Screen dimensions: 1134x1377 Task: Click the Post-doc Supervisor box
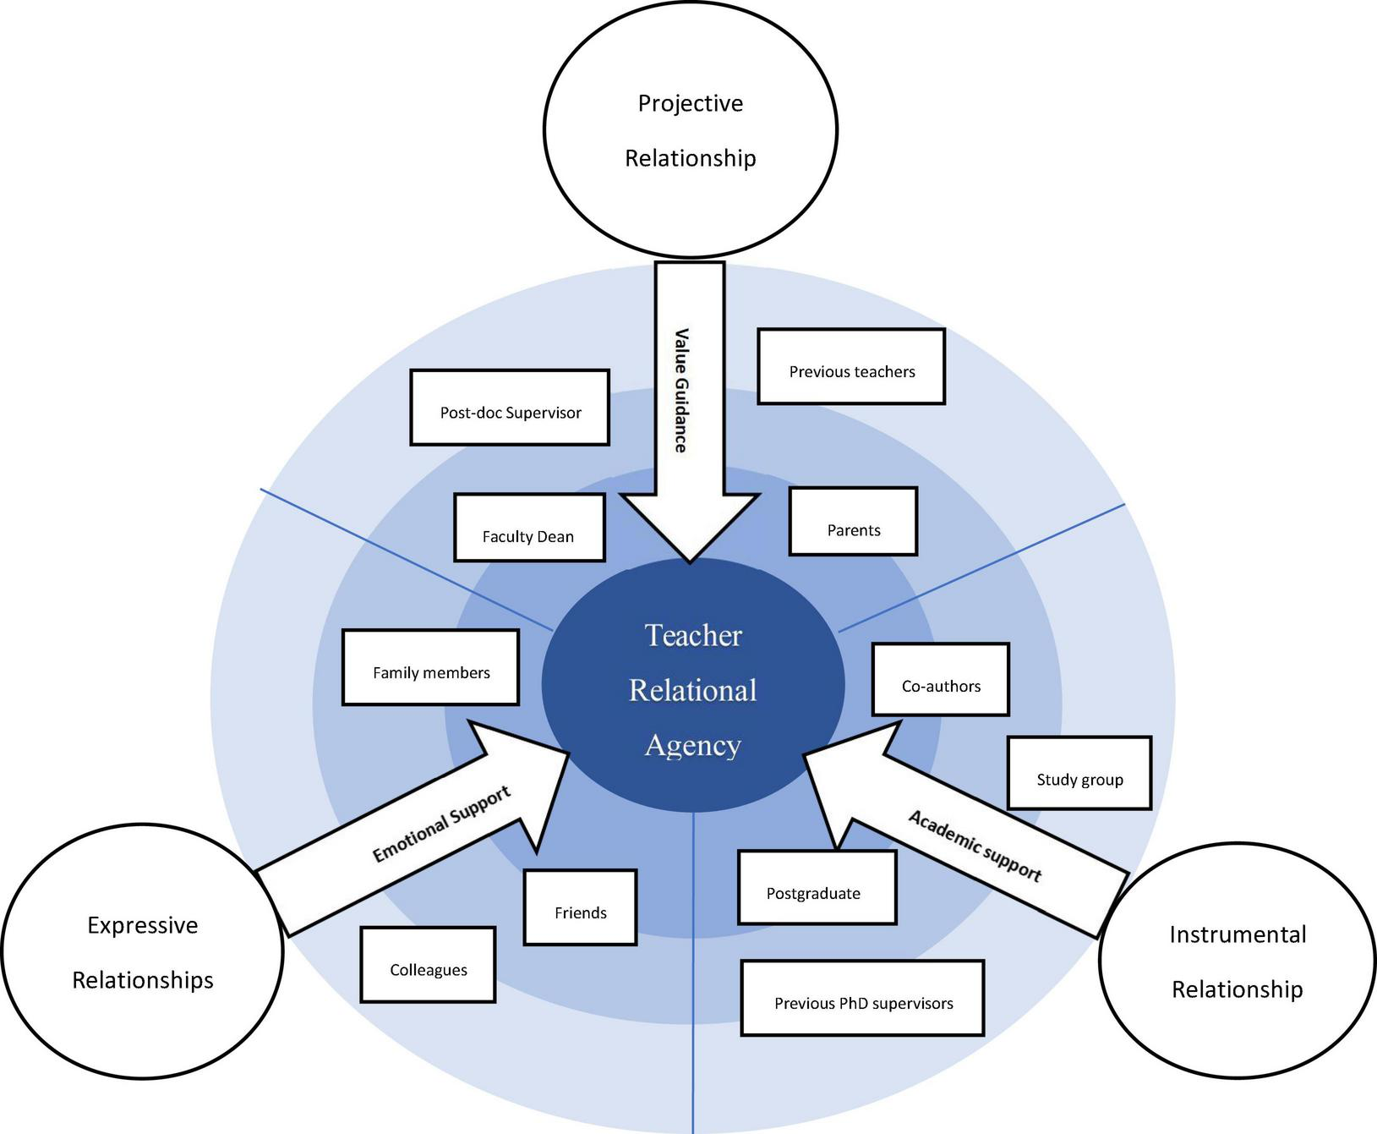[510, 408]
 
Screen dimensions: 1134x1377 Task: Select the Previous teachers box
[850, 367]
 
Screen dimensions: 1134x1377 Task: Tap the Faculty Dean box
[529, 528]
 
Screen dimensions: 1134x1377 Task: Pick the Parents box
[853, 522]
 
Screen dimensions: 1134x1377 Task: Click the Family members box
[430, 668]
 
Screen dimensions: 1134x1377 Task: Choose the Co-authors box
[940, 680]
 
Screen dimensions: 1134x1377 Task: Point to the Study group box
[1079, 773]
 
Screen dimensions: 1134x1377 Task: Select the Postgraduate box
[817, 888]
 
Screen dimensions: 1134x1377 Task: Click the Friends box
[580, 907]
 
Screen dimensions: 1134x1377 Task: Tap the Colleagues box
[428, 965]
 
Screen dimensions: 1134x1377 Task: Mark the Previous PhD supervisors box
[862, 998]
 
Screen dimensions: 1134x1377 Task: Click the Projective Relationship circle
[690, 130]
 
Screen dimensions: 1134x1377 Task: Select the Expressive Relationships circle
[142, 952]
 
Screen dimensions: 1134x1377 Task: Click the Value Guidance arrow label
[680, 391]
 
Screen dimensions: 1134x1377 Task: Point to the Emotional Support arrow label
[441, 824]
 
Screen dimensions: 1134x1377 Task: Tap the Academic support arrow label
[975, 846]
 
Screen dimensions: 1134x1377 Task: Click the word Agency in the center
[693, 745]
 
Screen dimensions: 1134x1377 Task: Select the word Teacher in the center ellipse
[693, 635]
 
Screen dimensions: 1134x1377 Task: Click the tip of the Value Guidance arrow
[690, 559]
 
